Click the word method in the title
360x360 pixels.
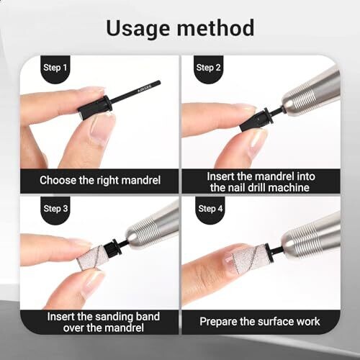click(x=215, y=28)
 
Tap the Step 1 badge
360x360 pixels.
click(x=55, y=68)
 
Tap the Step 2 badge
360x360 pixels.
click(x=208, y=68)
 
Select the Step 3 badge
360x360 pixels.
click(x=55, y=209)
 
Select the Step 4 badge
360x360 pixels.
click(x=210, y=209)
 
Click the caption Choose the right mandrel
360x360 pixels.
click(x=100, y=180)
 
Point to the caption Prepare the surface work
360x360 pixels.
click(x=259, y=321)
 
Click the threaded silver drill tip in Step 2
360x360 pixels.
click(x=304, y=96)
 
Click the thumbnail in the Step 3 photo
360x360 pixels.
click(x=92, y=282)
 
